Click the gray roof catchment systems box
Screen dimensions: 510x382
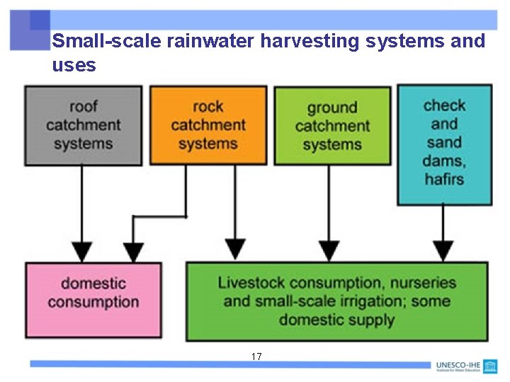[84, 125]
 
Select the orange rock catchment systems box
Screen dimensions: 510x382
[208, 125]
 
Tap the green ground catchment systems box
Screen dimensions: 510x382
[332, 126]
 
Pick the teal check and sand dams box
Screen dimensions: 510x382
[444, 144]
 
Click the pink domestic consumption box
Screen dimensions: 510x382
[93, 299]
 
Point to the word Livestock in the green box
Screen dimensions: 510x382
[251, 283]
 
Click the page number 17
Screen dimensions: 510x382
[256, 357]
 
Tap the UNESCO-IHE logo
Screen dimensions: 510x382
[467, 366]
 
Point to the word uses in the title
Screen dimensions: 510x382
[74, 66]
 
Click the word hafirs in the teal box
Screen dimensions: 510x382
[444, 180]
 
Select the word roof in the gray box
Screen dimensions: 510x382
[84, 107]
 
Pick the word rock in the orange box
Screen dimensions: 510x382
[208, 107]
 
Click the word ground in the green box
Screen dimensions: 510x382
[332, 108]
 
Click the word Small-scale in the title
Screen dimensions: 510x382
[107, 41]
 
